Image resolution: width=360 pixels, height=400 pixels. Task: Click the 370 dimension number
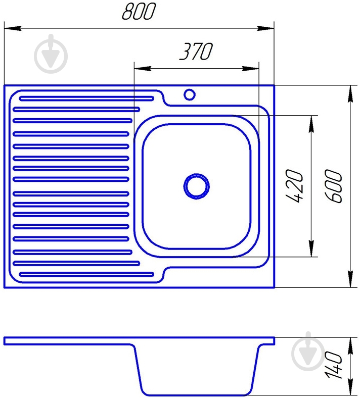point(196,52)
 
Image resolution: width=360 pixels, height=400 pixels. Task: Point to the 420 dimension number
point(297,186)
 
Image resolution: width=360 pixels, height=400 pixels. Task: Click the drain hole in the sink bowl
point(196,186)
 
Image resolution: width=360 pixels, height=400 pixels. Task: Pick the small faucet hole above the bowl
point(190,94)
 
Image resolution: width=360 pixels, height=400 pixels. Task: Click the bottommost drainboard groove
point(86,275)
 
